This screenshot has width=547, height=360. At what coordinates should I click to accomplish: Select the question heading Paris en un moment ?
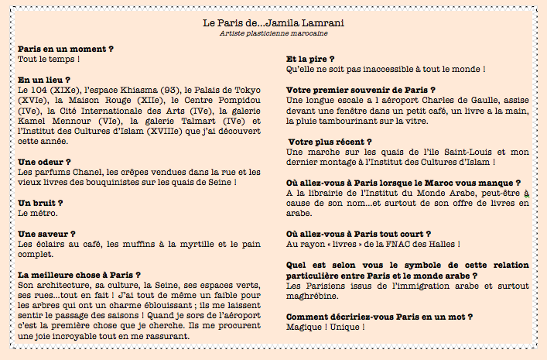[66, 49]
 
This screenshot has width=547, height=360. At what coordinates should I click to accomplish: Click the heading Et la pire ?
[310, 59]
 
